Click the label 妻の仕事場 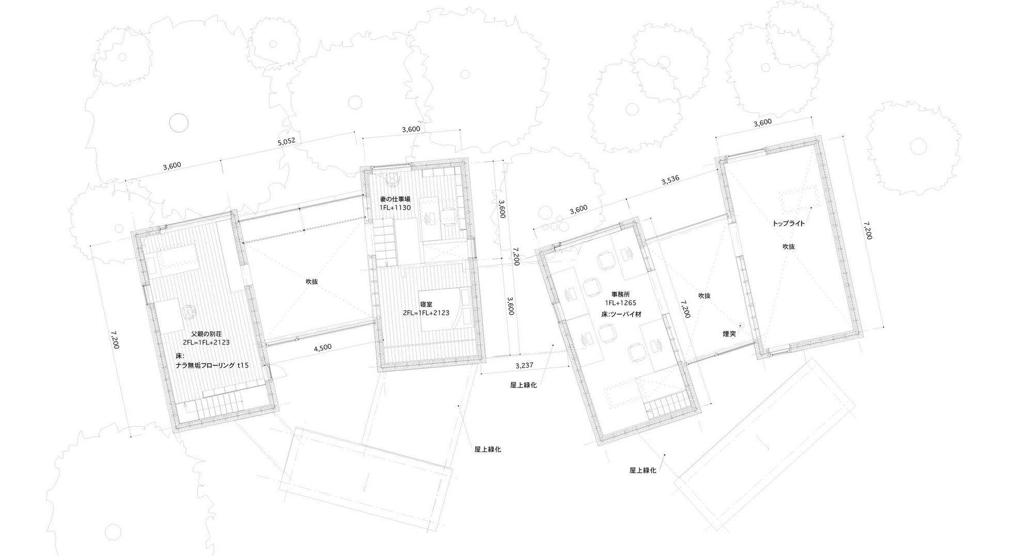pyautogui.click(x=395, y=199)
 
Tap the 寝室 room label pyautogui.click(x=426, y=304)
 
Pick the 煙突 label pyautogui.click(x=729, y=334)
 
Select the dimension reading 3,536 pyautogui.click(x=670, y=180)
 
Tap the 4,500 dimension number pyautogui.click(x=323, y=348)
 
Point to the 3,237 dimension pyautogui.click(x=524, y=365)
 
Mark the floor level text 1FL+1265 pyautogui.click(x=620, y=304)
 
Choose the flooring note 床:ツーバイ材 pyautogui.click(x=620, y=314)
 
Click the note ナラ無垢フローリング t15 pyautogui.click(x=212, y=365)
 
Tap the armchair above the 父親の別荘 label pyautogui.click(x=188, y=312)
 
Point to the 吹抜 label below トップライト pyautogui.click(x=788, y=246)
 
